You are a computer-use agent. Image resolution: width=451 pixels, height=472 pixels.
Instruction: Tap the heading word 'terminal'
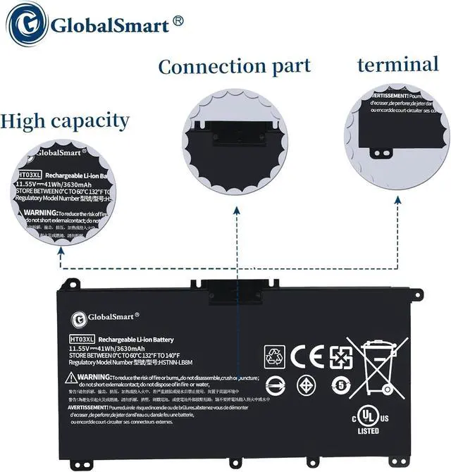click(x=397, y=65)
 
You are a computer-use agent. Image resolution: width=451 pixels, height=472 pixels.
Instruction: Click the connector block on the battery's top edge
click(x=235, y=290)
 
